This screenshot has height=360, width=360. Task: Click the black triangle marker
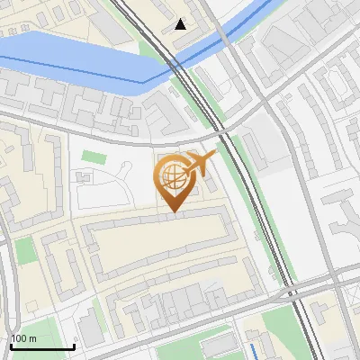click(x=181, y=24)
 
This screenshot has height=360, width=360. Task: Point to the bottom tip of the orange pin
click(x=172, y=211)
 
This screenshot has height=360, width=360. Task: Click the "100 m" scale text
click(x=22, y=338)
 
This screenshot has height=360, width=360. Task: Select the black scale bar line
click(x=41, y=346)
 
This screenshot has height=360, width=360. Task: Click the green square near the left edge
click(x=25, y=250)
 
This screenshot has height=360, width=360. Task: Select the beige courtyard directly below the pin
click(x=162, y=247)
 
